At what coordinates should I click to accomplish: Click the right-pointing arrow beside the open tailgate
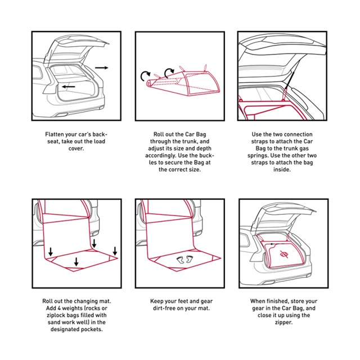click(102, 67)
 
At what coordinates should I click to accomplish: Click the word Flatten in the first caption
click(56, 135)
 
